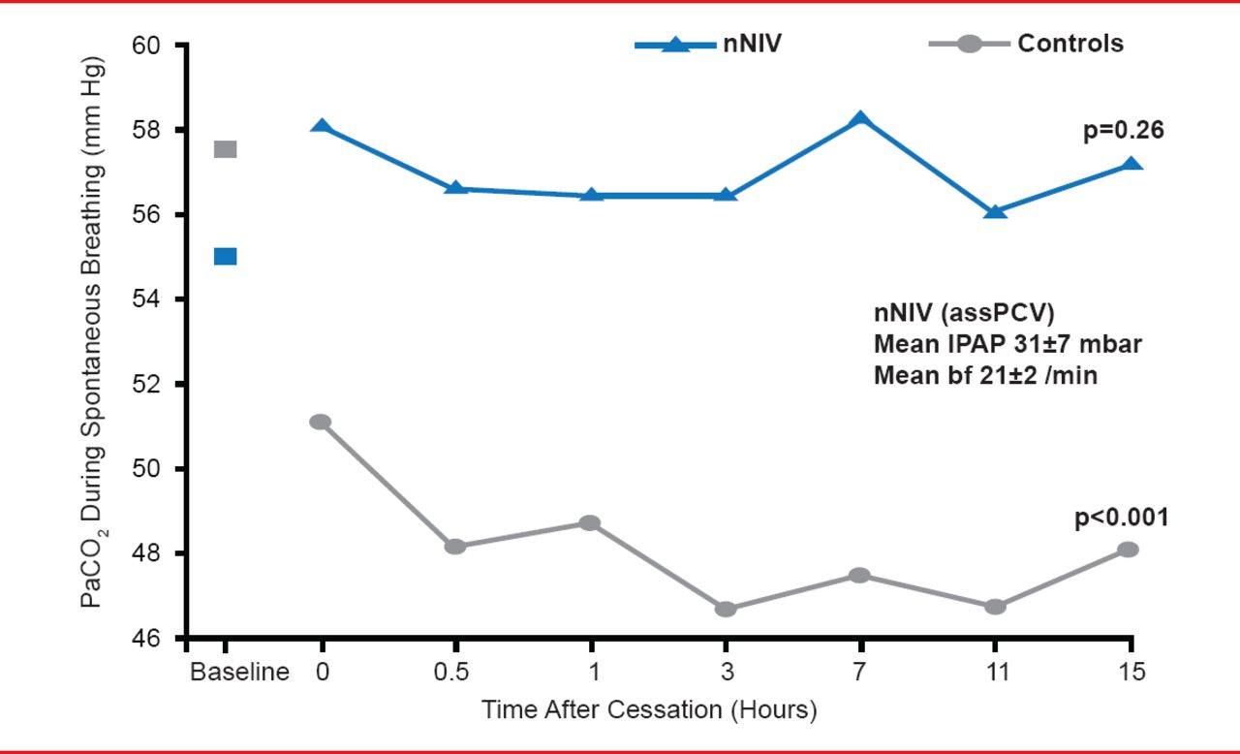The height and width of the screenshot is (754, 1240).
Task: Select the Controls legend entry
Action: pos(1025,44)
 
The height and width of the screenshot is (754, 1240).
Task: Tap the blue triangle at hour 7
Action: pos(859,119)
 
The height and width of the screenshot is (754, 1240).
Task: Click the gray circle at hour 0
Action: pos(321,422)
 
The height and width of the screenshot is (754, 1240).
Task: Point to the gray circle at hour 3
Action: pos(725,609)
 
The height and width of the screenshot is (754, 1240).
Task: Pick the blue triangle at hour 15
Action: pos(1130,165)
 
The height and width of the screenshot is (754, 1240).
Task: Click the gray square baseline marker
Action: pos(225,149)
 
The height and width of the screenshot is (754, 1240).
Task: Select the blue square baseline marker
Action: pos(225,256)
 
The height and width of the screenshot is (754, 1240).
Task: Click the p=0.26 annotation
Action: pos(1123,129)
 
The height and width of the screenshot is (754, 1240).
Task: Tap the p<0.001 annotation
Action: pos(1122,518)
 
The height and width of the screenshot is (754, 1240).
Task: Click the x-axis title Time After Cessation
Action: pos(649,710)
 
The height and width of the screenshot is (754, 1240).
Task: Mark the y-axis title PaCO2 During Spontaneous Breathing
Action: pos(94,331)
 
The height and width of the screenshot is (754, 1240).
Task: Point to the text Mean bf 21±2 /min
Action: pos(985,375)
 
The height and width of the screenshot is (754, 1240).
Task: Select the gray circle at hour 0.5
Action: pos(455,546)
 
